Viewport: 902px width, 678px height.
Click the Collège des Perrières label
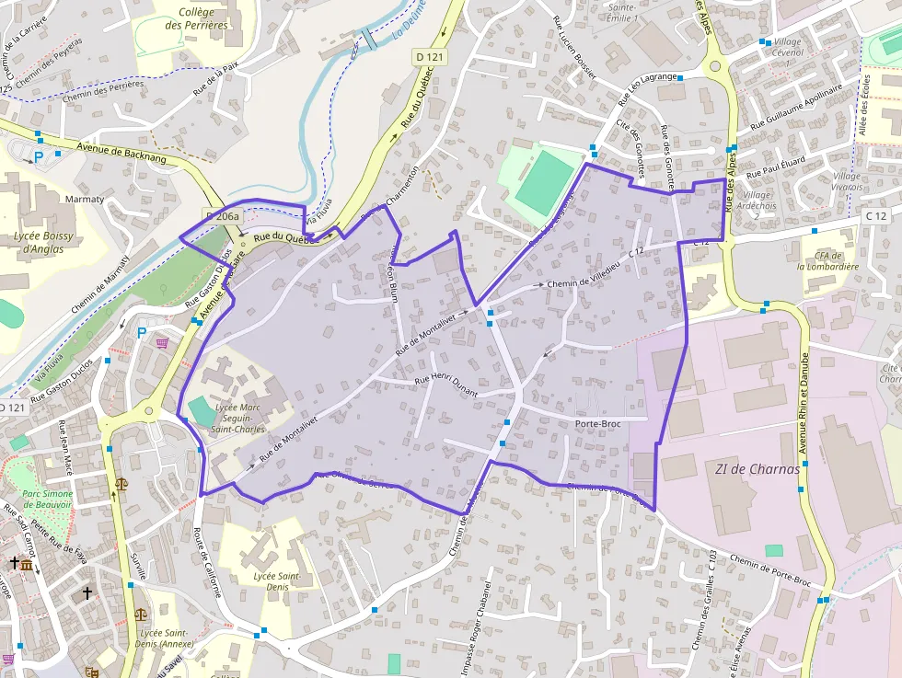click(196, 18)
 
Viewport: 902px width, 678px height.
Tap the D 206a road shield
click(222, 216)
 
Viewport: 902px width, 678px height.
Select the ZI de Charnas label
click(757, 468)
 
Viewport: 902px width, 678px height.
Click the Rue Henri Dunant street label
click(446, 385)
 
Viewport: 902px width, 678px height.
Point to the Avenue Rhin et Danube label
click(803, 405)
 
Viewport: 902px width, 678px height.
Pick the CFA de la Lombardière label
click(827, 260)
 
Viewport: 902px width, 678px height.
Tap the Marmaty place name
click(85, 198)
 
